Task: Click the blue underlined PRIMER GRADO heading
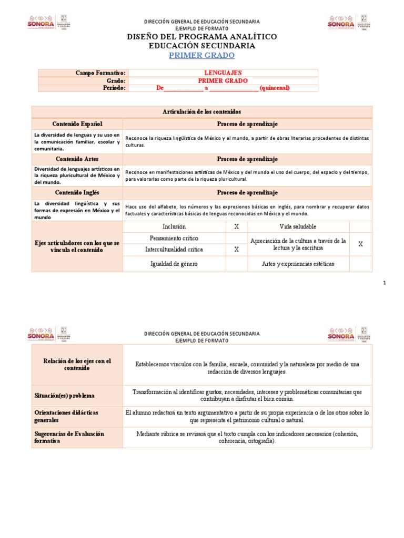[202, 56]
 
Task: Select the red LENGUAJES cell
[223, 73]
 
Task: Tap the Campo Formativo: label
[100, 73]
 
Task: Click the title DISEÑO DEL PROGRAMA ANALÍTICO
[202, 36]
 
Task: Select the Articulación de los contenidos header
[202, 112]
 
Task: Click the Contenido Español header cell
[77, 123]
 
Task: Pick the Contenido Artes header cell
[77, 159]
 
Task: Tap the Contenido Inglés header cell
[77, 193]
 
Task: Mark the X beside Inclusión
[237, 226]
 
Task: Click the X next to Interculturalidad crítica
[237, 250]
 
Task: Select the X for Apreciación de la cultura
[360, 244]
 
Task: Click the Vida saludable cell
[298, 226]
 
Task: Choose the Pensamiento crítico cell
[174, 238]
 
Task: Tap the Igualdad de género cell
[174, 264]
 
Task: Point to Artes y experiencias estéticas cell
[298, 264]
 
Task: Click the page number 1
[385, 283]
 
